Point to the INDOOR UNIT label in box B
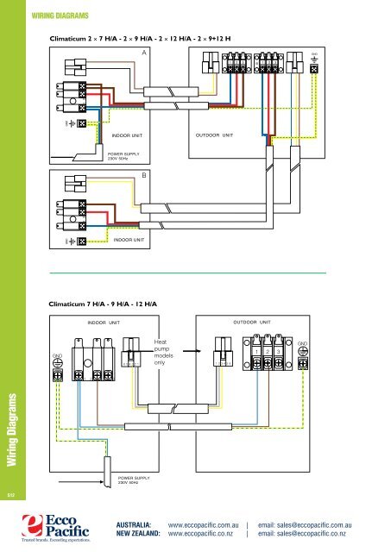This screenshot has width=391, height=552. click(x=132, y=240)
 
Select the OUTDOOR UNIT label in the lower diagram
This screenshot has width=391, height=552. click(x=252, y=323)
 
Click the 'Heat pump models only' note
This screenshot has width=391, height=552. click(x=164, y=352)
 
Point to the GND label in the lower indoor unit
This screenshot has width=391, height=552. click(x=58, y=355)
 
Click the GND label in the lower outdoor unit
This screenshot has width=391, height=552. click(x=302, y=343)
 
